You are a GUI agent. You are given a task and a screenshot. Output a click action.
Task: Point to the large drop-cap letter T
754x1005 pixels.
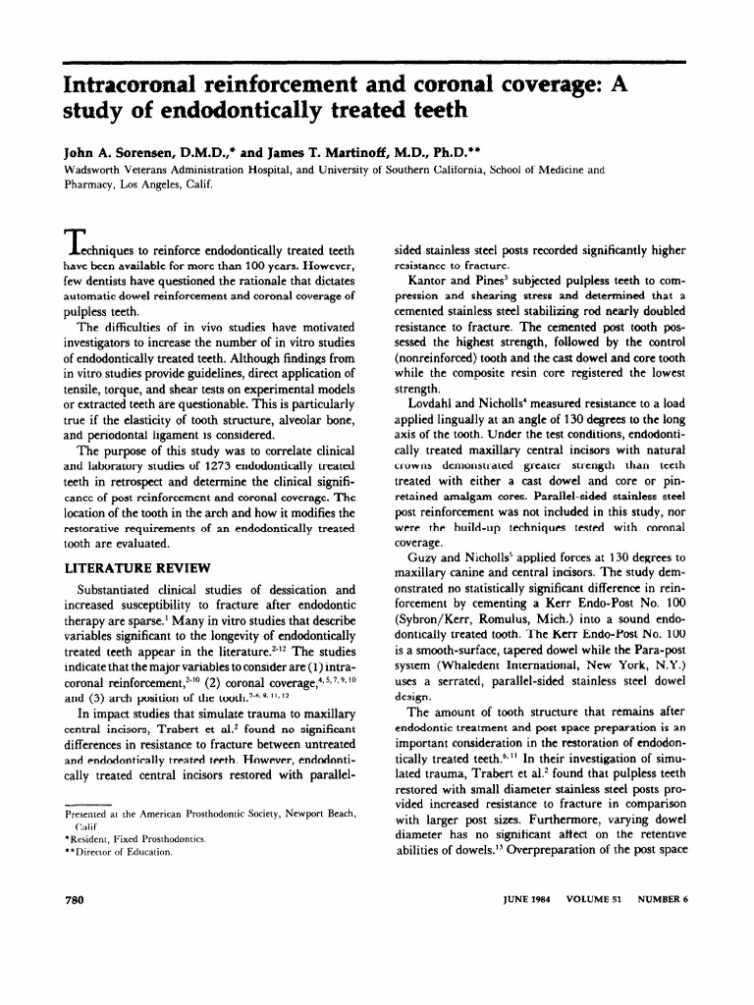click(x=76, y=239)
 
